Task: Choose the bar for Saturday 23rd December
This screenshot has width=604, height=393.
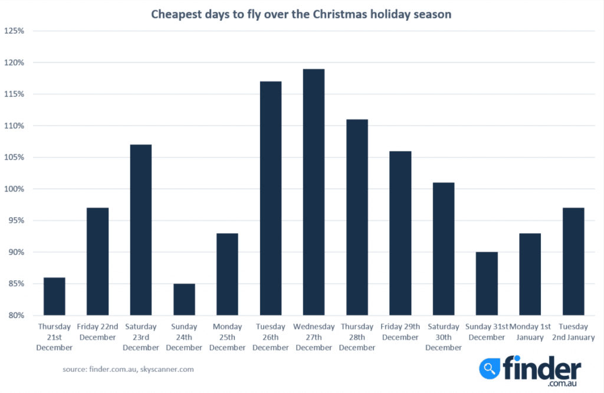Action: [x=141, y=230]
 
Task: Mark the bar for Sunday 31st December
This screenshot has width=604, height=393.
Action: [x=487, y=283]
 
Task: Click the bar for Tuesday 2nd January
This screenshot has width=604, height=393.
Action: [x=573, y=262]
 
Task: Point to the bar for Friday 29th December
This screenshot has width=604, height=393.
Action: [x=400, y=233]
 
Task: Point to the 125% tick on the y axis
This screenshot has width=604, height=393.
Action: [x=14, y=31]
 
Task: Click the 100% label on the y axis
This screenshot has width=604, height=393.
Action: [x=14, y=189]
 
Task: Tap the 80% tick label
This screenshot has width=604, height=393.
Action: [x=16, y=315]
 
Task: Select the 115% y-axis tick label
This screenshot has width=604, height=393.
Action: [x=14, y=94]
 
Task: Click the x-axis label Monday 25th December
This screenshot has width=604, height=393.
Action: [x=227, y=337]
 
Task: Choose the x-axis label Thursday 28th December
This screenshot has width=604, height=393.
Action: [x=357, y=337]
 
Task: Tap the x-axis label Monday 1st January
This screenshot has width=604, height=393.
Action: [x=530, y=332]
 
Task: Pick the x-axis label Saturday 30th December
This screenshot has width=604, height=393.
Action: [x=444, y=337]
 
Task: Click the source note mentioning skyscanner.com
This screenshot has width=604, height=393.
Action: [x=128, y=369]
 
